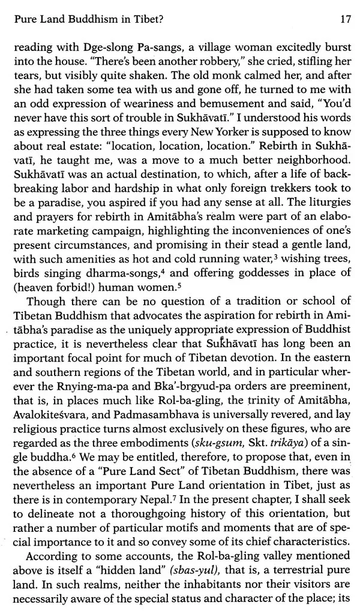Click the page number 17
pos(344,20)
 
